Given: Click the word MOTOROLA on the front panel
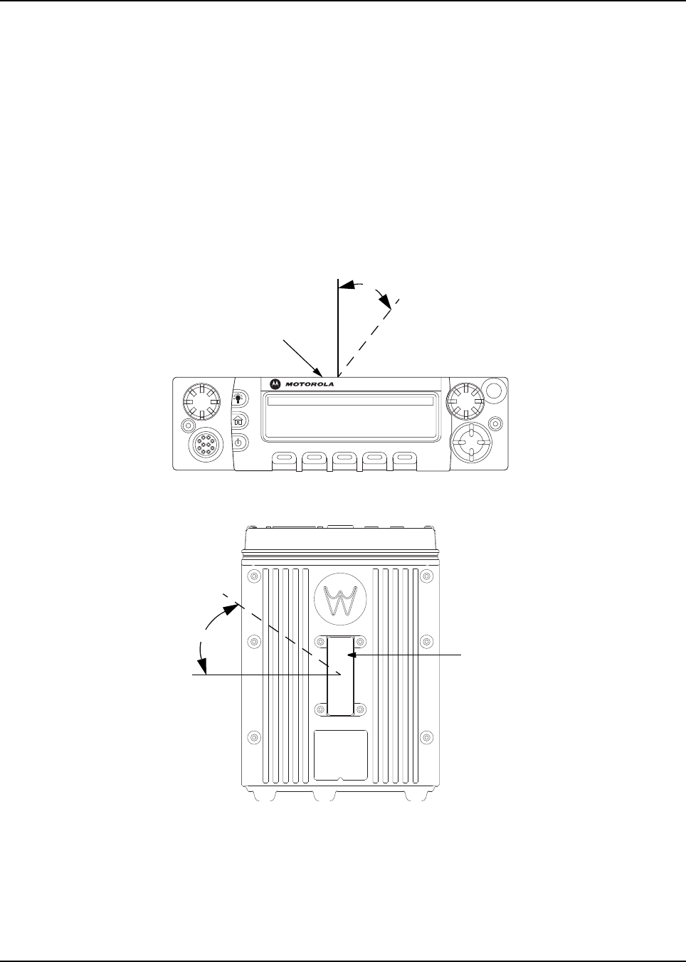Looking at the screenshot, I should [x=310, y=384].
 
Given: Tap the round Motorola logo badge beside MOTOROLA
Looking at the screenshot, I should [x=275, y=384].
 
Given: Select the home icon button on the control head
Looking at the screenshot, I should [x=238, y=420].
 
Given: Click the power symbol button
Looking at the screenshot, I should [x=238, y=442].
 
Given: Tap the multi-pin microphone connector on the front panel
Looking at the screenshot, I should [x=205, y=447].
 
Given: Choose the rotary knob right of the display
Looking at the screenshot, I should [x=465, y=402].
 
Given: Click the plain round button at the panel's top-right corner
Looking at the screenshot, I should [x=492, y=389].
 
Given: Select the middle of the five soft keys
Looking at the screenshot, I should [x=344, y=457].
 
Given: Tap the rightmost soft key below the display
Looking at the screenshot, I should [x=405, y=457].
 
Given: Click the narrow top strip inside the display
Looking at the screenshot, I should [x=348, y=401].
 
